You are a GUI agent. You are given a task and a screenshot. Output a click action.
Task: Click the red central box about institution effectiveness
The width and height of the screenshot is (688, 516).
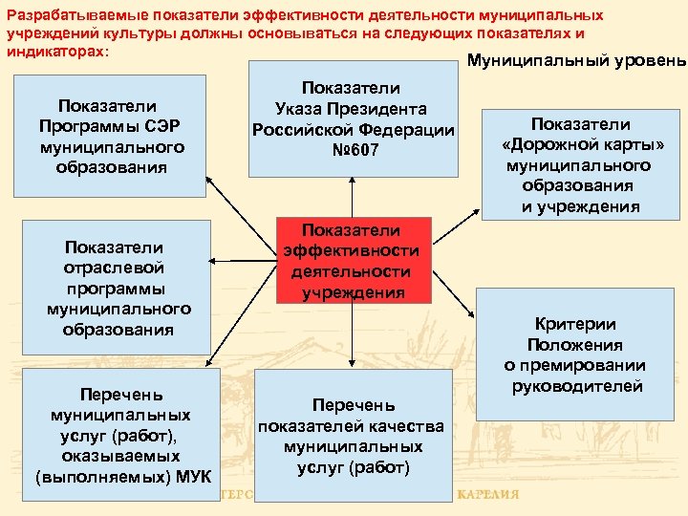click(x=352, y=261)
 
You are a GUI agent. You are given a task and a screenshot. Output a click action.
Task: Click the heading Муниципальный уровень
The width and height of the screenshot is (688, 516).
click(x=576, y=61)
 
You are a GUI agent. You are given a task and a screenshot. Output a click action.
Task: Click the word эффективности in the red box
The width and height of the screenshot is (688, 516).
click(x=352, y=250)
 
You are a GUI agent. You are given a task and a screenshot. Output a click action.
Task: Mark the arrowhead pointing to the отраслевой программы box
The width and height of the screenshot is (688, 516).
click(x=210, y=260)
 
